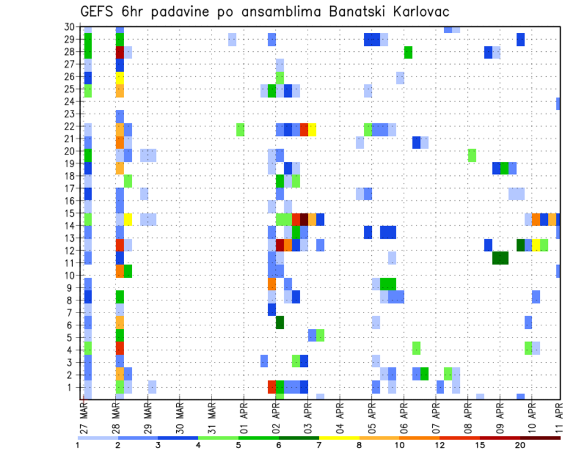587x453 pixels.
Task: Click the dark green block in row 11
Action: click(x=500, y=258)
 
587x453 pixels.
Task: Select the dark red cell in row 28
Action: click(x=120, y=52)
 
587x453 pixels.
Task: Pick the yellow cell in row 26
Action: click(x=120, y=78)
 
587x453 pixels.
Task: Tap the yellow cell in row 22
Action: click(x=312, y=129)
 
